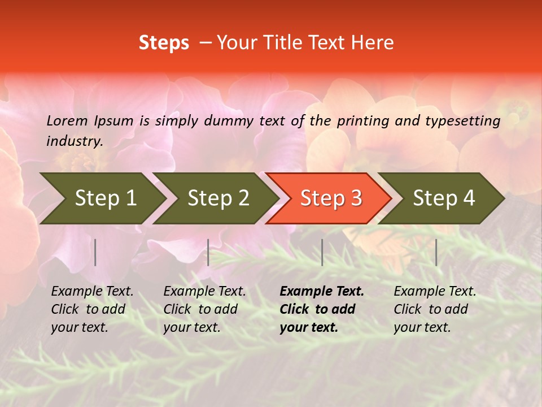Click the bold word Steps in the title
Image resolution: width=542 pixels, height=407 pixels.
point(164,43)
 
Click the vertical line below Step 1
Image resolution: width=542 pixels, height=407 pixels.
point(95,252)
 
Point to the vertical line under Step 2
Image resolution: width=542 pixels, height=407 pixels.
point(208,252)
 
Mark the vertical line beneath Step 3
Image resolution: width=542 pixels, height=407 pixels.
point(322,252)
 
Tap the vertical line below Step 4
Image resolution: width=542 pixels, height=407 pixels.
point(436,252)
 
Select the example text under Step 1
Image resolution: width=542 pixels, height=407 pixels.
point(92,309)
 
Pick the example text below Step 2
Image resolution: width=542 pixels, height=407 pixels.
point(204,309)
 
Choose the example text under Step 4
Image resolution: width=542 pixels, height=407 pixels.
point(435,309)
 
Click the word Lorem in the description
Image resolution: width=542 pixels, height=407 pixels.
point(67,120)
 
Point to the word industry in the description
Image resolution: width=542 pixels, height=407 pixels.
point(75,141)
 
